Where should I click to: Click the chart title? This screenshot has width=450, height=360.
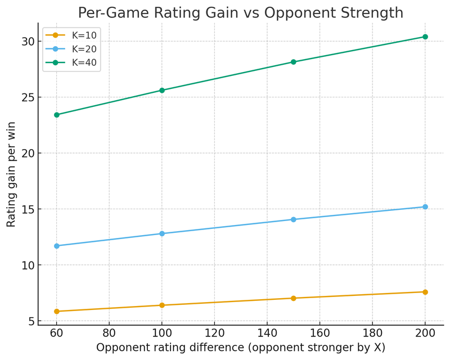click(240, 12)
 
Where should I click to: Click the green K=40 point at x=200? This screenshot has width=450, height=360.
click(425, 37)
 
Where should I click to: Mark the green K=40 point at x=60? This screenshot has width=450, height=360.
click(56, 115)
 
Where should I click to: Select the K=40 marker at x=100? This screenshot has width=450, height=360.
click(162, 90)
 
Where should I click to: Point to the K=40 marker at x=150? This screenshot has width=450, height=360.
click(294, 62)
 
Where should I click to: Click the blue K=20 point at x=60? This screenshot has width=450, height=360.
click(56, 246)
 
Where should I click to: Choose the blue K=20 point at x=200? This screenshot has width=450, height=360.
click(425, 207)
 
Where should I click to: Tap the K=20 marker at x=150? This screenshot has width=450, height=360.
click(294, 219)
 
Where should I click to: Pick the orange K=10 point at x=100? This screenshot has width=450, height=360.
click(162, 305)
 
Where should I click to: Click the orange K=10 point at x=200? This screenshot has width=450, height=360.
click(425, 292)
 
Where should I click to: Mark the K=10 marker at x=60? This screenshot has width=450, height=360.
click(56, 311)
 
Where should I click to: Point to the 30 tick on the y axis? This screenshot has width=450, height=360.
click(28, 42)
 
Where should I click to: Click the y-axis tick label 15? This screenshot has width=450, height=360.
click(28, 209)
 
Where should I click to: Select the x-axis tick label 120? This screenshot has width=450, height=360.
click(214, 333)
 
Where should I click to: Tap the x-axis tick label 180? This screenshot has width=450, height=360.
click(372, 333)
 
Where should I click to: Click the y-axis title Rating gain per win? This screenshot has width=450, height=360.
click(11, 174)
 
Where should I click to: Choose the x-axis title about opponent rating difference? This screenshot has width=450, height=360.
click(241, 348)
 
